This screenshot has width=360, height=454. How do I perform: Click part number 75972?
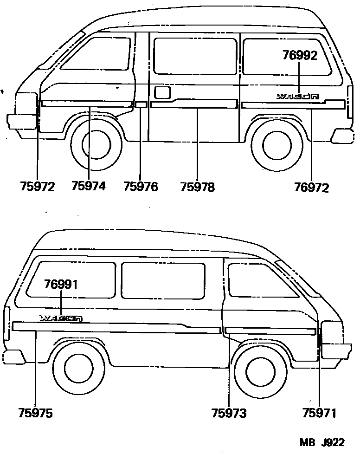(37, 187)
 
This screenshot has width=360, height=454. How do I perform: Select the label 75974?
(89, 186)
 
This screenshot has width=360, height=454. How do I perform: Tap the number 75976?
(141, 187)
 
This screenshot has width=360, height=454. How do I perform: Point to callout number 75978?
(197, 187)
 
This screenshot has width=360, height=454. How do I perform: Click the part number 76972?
(311, 188)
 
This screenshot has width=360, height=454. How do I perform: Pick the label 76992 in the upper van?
(300, 56)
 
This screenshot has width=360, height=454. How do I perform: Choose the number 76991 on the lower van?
(61, 285)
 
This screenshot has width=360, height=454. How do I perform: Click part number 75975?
(36, 413)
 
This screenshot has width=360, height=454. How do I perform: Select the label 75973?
(229, 413)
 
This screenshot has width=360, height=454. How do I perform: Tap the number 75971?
(319, 413)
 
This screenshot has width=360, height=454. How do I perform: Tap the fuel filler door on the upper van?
(162, 92)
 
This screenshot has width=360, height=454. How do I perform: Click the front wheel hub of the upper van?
(97, 145)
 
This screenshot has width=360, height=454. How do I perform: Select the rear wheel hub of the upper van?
(277, 144)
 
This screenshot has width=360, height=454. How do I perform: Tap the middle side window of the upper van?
(194, 56)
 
